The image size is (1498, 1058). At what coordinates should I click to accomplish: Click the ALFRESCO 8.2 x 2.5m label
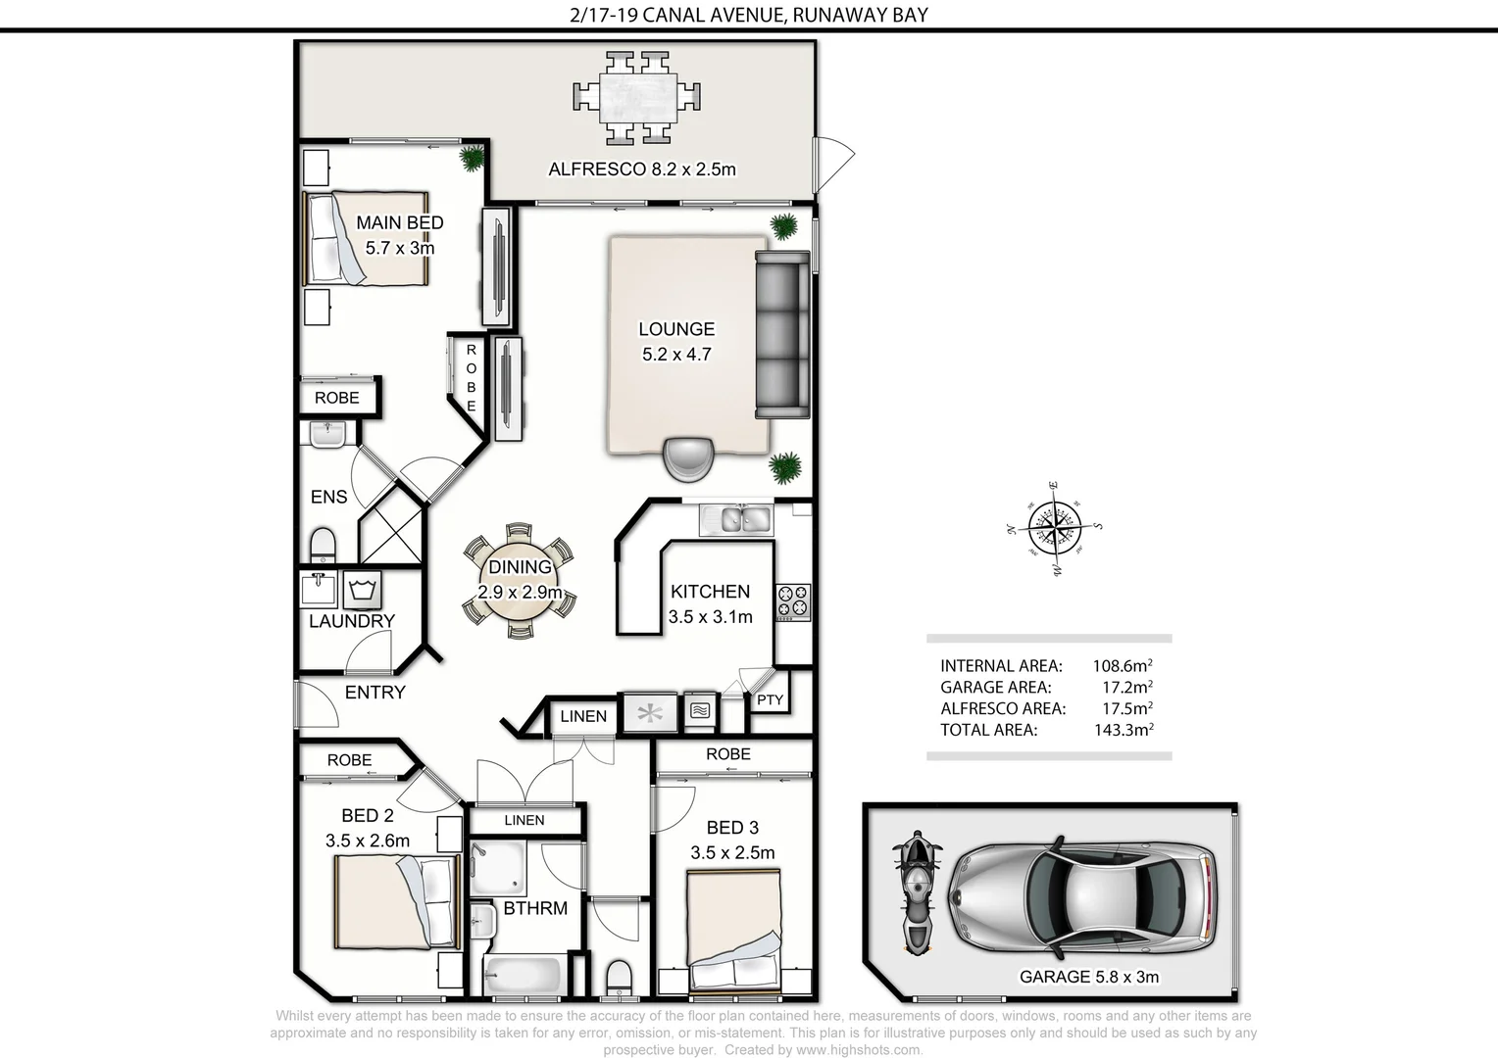[x=641, y=169]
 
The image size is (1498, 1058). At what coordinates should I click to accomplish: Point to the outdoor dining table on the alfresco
[x=637, y=97]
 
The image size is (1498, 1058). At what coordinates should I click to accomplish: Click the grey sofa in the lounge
[x=781, y=333]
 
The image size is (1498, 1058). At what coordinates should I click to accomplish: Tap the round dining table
[x=520, y=580]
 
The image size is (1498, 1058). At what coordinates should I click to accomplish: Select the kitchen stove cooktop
[x=793, y=602]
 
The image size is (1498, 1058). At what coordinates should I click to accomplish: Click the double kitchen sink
[x=735, y=519]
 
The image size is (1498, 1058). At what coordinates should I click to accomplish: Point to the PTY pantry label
[x=770, y=699]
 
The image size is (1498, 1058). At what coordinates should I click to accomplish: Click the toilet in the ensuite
[x=323, y=544]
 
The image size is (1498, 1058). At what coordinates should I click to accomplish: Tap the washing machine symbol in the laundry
[x=363, y=590]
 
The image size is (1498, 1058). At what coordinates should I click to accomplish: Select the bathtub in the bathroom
[x=523, y=976]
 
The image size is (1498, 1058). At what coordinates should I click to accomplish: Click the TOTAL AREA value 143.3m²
[x=1123, y=730]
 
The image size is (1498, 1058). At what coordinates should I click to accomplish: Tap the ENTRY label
[x=374, y=693]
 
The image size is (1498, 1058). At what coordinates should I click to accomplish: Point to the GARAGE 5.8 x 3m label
[x=1088, y=977]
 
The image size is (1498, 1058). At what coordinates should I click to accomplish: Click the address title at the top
[x=748, y=15]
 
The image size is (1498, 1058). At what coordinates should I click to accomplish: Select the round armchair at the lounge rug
[x=686, y=458]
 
